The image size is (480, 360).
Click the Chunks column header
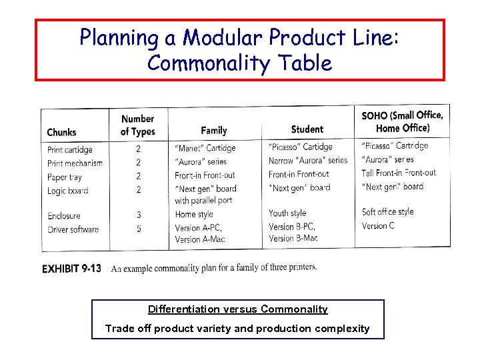coord(61,132)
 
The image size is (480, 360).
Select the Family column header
coord(213,130)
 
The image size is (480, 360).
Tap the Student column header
coord(307,129)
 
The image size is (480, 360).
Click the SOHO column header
coord(402,121)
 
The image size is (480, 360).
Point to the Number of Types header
coord(137,125)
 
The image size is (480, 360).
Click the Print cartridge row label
coord(69,150)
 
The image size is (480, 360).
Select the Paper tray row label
coord(64,177)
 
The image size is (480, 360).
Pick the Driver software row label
coord(73,230)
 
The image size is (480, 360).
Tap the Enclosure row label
coord(63,216)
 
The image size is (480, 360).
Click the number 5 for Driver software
coord(138,229)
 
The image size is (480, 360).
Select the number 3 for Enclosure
coord(138,215)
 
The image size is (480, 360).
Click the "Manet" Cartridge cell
coord(205,148)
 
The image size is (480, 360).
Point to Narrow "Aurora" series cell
coord(308,161)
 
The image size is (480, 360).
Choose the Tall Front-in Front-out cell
coord(398,173)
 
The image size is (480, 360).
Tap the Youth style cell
coord(287,213)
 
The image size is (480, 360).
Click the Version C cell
coord(378,226)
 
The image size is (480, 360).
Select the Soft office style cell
coord(387,212)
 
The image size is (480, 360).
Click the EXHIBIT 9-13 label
coord(71,269)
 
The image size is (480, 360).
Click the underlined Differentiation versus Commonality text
coord(238,309)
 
